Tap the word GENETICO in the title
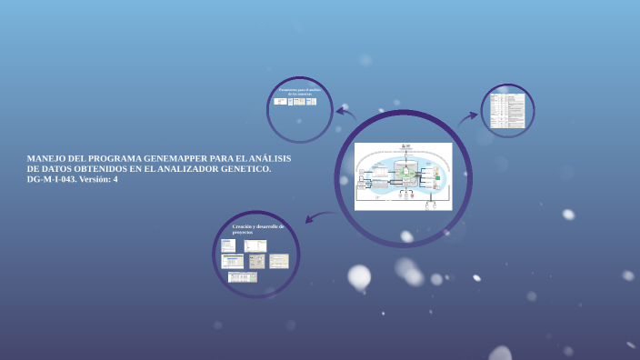click(x=247, y=170)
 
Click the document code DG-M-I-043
click(x=52, y=180)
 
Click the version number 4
click(x=115, y=180)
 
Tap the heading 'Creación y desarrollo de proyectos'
click(x=258, y=229)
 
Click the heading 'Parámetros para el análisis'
click(x=299, y=92)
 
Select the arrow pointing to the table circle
click(x=468, y=116)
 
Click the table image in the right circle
click(x=507, y=111)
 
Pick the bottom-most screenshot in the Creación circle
click(x=242, y=277)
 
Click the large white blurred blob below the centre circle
click(x=360, y=275)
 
